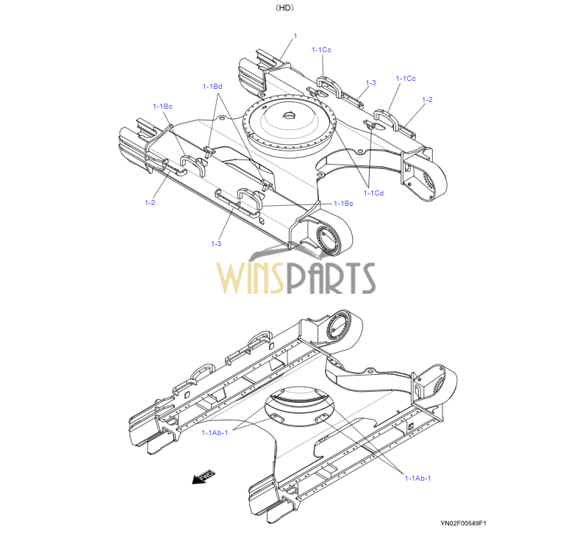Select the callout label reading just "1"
tap(295, 35)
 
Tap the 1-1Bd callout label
tap(212, 87)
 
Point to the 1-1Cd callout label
tap(373, 193)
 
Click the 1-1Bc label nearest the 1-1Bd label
tap(162, 107)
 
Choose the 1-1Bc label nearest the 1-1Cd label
tap(343, 203)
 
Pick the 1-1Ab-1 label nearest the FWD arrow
tap(215, 432)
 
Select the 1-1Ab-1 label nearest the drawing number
tap(417, 478)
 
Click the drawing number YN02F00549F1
tap(464, 523)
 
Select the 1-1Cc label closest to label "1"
tap(321, 49)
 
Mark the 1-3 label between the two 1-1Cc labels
tap(370, 82)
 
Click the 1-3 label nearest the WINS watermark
tap(216, 243)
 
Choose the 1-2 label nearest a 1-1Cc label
tap(427, 99)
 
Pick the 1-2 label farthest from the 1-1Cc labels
tap(150, 202)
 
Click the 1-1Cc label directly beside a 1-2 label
tap(406, 78)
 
